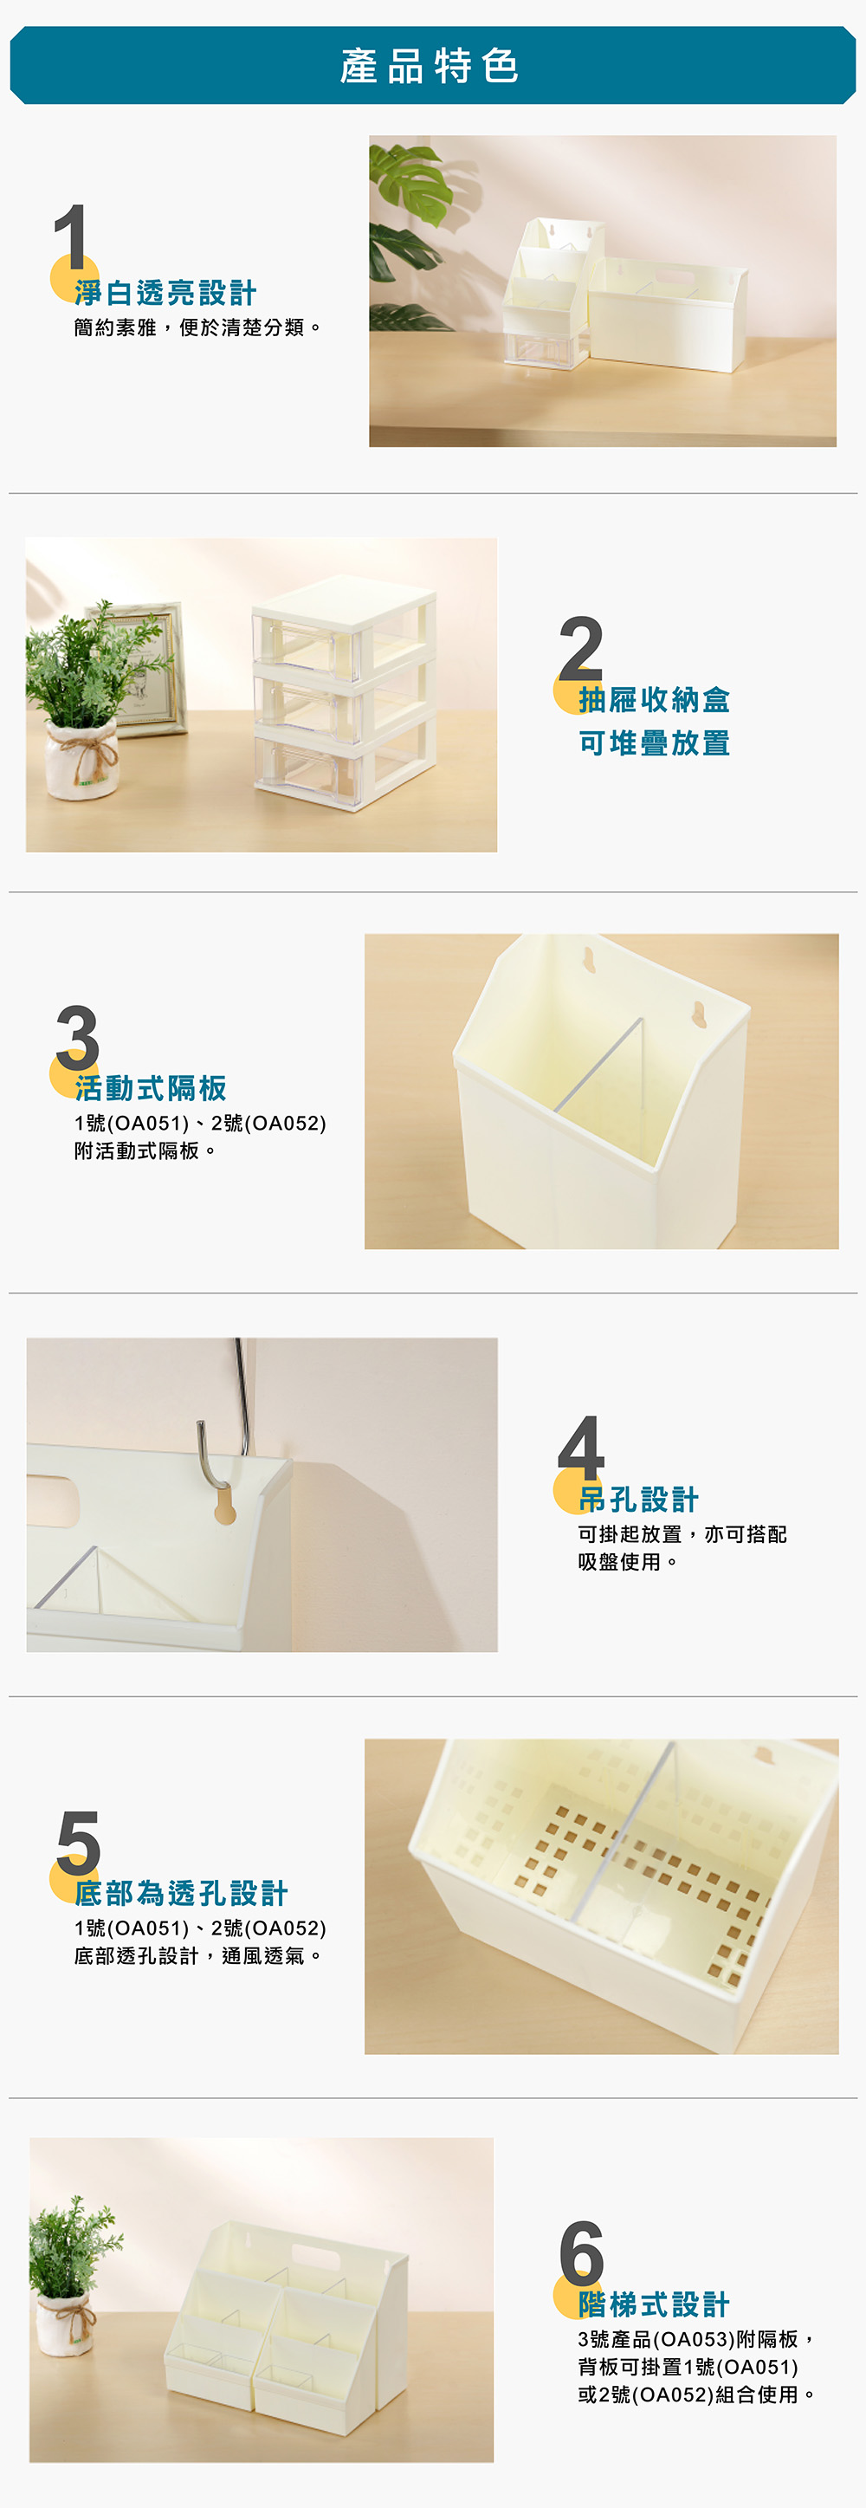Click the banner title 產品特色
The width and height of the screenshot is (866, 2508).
(x=430, y=66)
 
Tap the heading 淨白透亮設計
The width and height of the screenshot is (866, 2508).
(x=165, y=293)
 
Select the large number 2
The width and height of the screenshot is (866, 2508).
(x=581, y=647)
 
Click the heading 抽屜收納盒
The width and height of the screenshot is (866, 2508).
(x=654, y=699)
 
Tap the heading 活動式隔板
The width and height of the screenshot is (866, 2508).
(x=151, y=1088)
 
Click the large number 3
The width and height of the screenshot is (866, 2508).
(x=78, y=1038)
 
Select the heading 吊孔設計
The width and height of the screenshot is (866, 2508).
(x=638, y=1500)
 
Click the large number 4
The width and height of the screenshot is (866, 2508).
(x=581, y=1448)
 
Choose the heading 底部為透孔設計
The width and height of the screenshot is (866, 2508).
(x=181, y=1894)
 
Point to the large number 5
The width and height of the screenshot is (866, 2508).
(x=78, y=1843)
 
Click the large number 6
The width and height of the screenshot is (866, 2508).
(x=582, y=2253)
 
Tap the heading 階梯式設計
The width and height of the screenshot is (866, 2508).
(x=654, y=2304)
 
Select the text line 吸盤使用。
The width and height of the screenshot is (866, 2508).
(x=628, y=1562)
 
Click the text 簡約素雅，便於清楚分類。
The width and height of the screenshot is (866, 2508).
(x=197, y=327)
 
